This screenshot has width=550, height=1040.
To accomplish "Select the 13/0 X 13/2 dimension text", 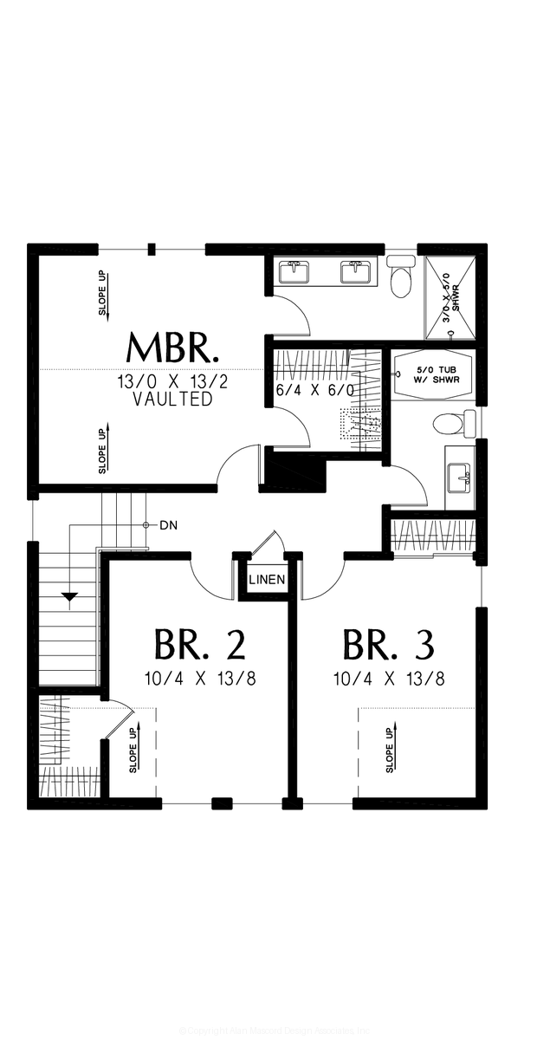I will click(x=173, y=382).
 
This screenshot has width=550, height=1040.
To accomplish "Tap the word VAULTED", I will click(x=173, y=400).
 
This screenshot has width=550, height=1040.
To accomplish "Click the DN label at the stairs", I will click(x=168, y=525).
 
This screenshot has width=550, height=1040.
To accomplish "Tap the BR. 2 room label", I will click(x=200, y=645).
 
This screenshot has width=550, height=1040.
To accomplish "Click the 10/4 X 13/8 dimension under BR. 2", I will click(x=200, y=678).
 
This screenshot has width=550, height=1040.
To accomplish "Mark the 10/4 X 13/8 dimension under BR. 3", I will click(x=388, y=678).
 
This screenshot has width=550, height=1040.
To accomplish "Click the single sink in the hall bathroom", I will click(x=458, y=477).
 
